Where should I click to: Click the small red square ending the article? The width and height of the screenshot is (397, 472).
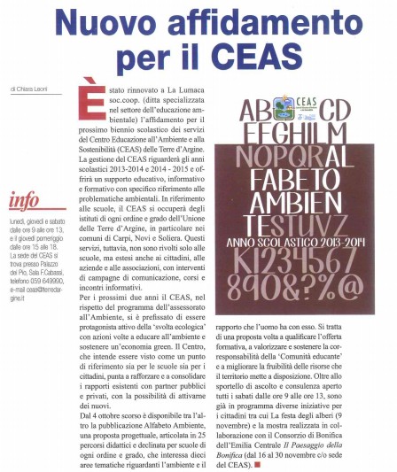click(x=258, y=439)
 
